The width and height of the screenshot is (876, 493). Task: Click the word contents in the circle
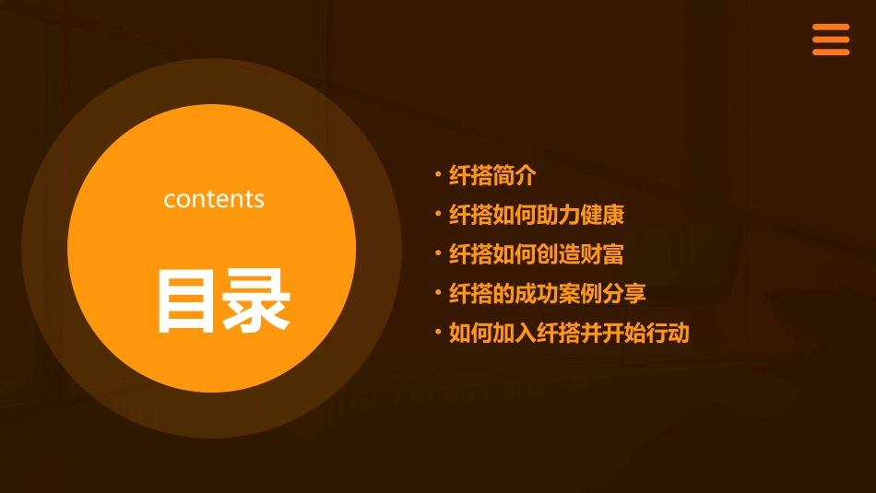point(214,199)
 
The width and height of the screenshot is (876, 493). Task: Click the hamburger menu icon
point(830,40)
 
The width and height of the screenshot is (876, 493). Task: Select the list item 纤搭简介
point(492,175)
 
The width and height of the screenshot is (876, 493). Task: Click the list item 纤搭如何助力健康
point(537,215)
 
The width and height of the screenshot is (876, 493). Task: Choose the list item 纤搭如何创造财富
point(537,254)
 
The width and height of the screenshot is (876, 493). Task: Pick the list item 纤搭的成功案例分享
point(548,294)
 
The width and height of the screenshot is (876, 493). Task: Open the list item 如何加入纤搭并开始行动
point(569,334)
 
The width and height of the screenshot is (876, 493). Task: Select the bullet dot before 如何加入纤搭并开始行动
point(438,332)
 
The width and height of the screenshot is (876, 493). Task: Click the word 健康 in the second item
point(603,215)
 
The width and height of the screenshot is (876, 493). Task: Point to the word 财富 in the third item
point(603,254)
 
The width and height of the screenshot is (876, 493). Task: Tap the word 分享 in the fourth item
point(625,294)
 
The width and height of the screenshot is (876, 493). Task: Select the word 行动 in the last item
point(668,334)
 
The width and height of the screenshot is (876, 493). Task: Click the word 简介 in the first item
point(515,175)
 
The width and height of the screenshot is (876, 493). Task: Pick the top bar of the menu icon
point(830,27)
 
